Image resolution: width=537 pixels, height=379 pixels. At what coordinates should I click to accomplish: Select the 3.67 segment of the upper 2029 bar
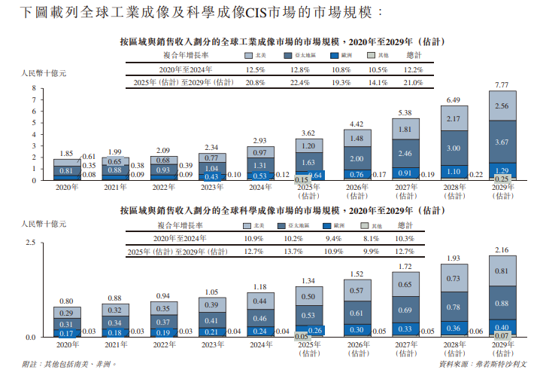coord(502,142)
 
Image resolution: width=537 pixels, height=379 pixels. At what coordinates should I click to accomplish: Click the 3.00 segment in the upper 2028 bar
coord(454,148)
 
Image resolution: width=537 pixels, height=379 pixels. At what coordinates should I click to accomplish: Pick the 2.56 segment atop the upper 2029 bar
coord(502,106)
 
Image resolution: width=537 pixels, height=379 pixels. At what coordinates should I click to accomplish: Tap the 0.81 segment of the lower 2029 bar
coord(502,270)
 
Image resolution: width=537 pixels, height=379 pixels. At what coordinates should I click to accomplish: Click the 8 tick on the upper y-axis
coord(35,89)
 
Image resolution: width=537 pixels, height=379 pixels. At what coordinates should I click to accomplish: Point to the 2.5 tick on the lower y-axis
coord(32,242)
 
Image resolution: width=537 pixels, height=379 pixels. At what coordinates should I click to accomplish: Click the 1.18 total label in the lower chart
coord(259,286)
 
